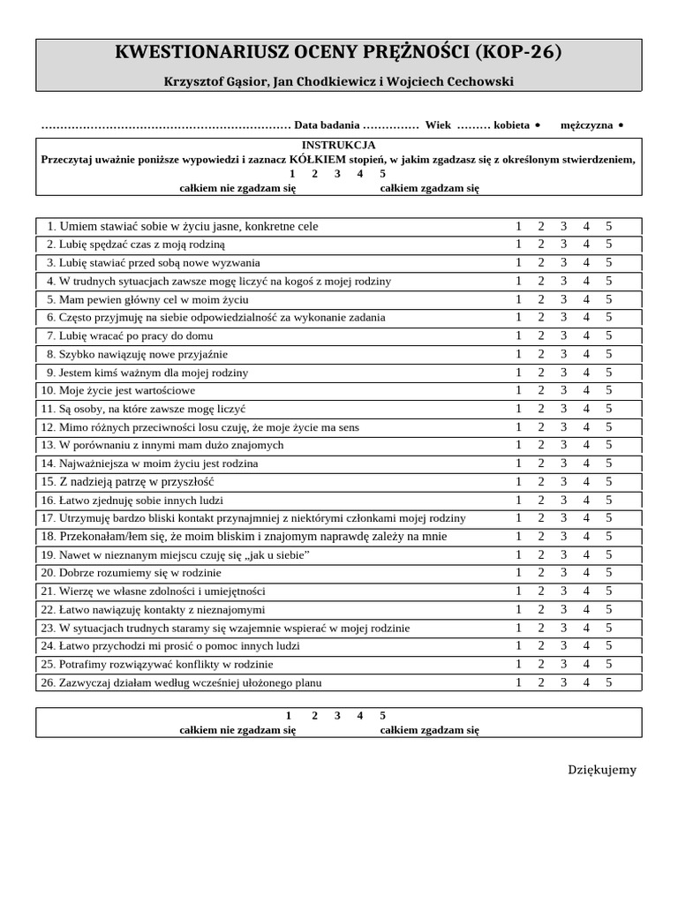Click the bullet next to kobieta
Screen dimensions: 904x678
[x=538, y=126]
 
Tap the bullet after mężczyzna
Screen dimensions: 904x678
[x=621, y=126]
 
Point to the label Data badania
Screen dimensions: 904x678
[x=326, y=125]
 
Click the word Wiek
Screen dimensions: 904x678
[x=438, y=125]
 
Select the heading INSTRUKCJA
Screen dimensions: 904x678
[x=338, y=145]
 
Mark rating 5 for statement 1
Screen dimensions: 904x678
[x=608, y=226]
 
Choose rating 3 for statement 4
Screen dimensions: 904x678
[x=563, y=281]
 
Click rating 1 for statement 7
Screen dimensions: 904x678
[x=518, y=335]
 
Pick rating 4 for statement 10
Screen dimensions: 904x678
[x=586, y=390]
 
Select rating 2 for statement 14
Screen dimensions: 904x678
[x=540, y=463]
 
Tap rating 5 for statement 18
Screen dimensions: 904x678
[x=608, y=536]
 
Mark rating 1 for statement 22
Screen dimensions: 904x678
[x=518, y=609]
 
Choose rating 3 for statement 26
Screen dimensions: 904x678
[x=563, y=682]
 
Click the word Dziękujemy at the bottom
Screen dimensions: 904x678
[x=601, y=770]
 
